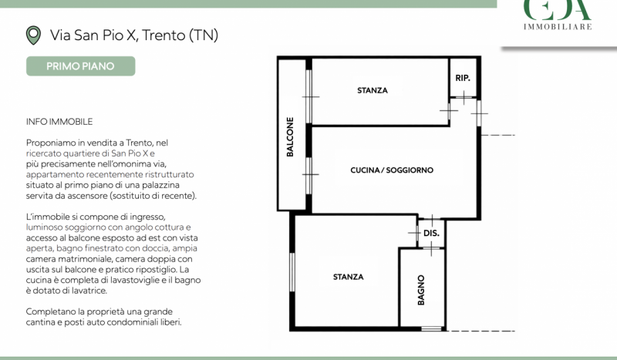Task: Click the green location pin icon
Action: point(33,35)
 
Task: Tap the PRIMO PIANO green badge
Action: point(81,66)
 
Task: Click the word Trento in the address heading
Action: point(164,35)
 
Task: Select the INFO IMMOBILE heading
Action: point(59,122)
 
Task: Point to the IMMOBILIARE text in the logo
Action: point(558,27)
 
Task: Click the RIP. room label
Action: point(463,78)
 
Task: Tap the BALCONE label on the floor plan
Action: point(290,137)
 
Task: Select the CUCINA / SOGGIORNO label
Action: point(392,170)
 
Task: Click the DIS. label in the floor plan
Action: point(431,233)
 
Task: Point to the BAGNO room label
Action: point(421,290)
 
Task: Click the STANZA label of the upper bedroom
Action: point(373,90)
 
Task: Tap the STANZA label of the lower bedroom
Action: point(349,277)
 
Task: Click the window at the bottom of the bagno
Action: point(431,328)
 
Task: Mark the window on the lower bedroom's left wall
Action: point(292,272)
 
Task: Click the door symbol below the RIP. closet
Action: point(464,97)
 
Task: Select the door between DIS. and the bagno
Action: point(431,248)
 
